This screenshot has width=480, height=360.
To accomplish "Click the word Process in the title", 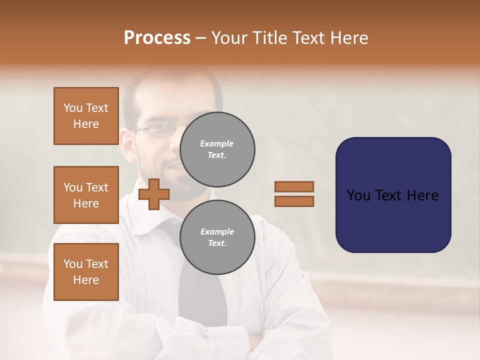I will point(157,38).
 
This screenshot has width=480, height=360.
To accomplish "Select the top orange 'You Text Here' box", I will point(86,116).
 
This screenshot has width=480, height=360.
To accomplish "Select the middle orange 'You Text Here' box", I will point(86,195).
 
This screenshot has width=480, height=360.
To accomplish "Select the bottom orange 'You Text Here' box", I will point(86,271).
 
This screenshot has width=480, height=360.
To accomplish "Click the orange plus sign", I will point(154,194).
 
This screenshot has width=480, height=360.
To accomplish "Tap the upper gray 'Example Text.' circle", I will point(217,149).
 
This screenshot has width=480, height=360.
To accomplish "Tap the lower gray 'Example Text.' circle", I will point(217,237).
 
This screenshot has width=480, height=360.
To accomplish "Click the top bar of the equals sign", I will point(294,186).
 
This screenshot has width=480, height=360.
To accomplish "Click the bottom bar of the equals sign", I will point(294,201).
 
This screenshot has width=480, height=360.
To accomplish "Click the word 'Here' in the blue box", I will point(422,195).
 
